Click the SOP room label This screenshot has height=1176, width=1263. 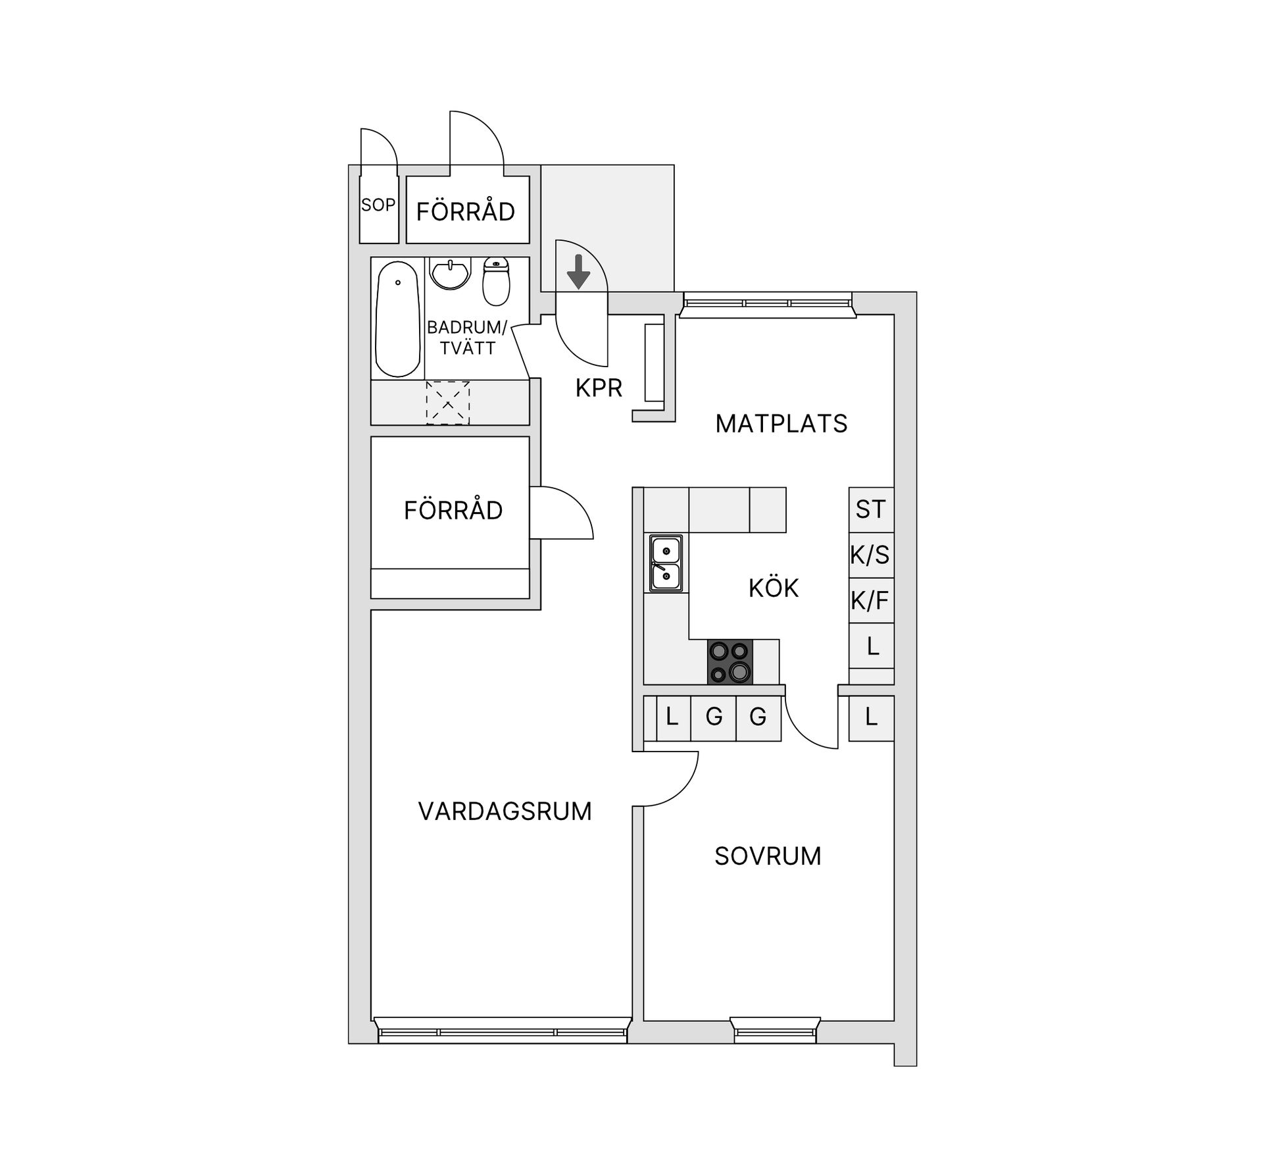click(378, 205)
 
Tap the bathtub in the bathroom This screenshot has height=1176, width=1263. click(397, 319)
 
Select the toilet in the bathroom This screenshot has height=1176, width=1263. click(496, 282)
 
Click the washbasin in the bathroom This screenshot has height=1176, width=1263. click(450, 273)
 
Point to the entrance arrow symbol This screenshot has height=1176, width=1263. click(578, 272)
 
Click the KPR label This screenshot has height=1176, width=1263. click(599, 388)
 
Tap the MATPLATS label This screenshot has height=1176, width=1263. click(781, 424)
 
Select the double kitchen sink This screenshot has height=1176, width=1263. click(666, 563)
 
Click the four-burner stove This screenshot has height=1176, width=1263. click(730, 661)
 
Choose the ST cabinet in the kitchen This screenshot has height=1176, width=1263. click(871, 509)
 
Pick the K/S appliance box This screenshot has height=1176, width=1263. click(871, 555)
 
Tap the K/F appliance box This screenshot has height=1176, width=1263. click(871, 600)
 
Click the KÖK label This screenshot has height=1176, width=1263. click(774, 588)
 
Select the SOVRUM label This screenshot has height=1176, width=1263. click(768, 856)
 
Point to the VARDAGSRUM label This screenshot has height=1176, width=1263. click(505, 811)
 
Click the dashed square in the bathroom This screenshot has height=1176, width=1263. click(447, 403)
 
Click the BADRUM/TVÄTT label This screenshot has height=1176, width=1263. click(467, 338)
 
